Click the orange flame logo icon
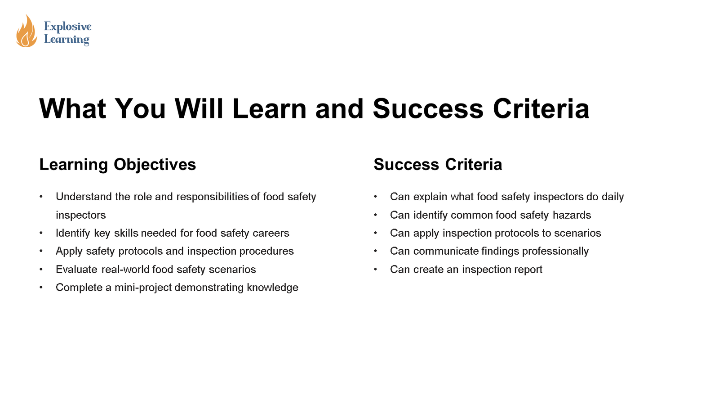tap(27, 31)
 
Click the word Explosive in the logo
tap(68, 27)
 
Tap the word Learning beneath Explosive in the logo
tap(67, 40)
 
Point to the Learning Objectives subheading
tap(117, 165)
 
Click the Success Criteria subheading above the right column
tap(438, 165)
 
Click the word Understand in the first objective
tap(84, 196)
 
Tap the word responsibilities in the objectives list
tap(213, 197)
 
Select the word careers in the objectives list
tap(271, 233)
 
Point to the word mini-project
tap(143, 288)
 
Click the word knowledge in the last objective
tap(272, 288)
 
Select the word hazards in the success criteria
tap(572, 215)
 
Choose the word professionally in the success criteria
tap(555, 252)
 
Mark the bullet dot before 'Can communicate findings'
tap(375, 251)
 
